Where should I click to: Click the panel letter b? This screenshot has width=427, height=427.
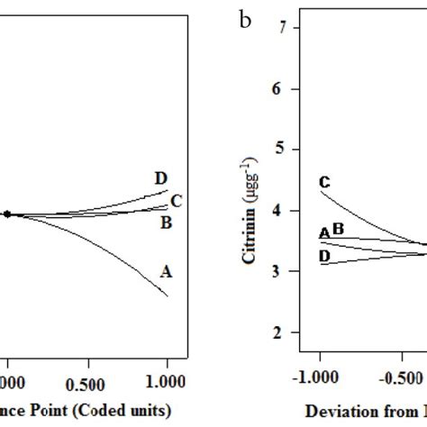[x=245, y=18]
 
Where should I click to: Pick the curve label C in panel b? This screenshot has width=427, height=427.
[x=325, y=183]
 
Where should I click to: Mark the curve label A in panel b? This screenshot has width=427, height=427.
[x=323, y=234]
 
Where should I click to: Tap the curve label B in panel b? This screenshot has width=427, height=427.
[x=338, y=230]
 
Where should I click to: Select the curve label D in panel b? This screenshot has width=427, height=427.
[x=325, y=257]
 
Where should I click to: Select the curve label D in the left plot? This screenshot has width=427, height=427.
[x=161, y=179]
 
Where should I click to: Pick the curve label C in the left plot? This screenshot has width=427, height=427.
[x=177, y=201]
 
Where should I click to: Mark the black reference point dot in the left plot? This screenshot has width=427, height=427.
[x=7, y=214]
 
